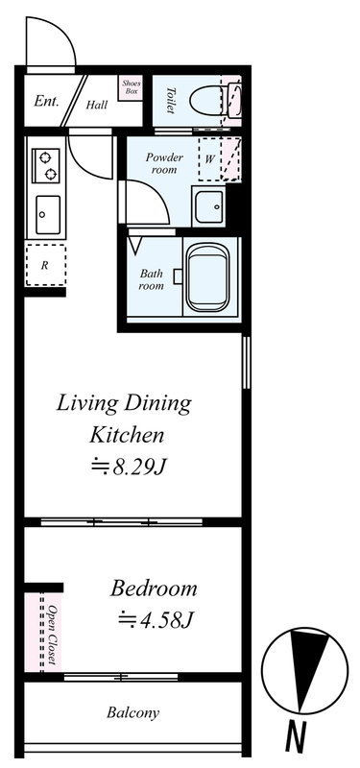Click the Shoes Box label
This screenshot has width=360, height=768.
point(131,87)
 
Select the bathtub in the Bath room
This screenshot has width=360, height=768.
point(208,277)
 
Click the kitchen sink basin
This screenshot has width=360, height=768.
point(48,214)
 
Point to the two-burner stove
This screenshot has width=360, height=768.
point(45,165)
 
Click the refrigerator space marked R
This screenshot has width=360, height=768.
point(45,265)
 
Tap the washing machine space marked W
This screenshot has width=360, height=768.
point(209,159)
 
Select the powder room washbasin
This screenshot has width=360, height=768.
point(208,206)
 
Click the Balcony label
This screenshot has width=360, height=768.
point(132,712)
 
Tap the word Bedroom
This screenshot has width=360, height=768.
point(154,588)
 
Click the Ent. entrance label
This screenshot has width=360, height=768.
point(46,102)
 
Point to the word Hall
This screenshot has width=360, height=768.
point(97,105)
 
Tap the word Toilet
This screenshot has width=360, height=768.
point(171,101)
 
